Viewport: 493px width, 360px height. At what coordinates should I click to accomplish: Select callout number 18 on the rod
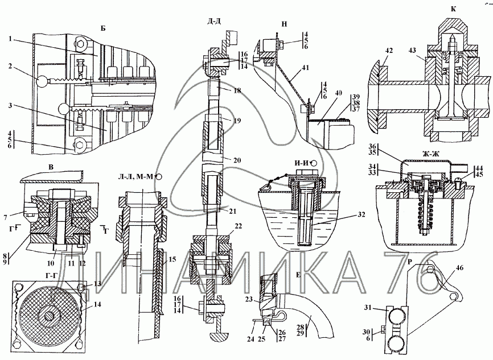(237, 90)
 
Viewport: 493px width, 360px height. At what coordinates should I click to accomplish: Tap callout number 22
(239, 226)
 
